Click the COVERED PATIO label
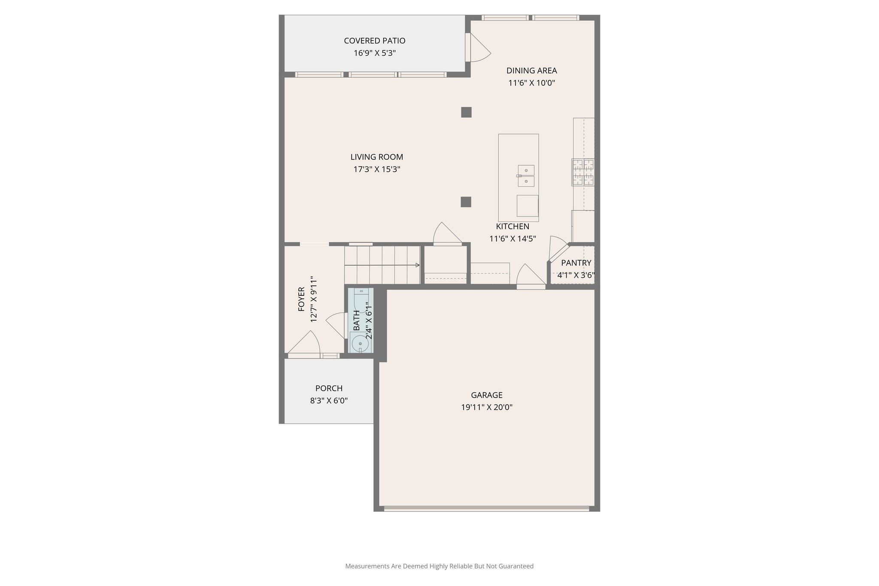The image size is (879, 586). click(374, 41)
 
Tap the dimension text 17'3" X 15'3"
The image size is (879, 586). click(376, 169)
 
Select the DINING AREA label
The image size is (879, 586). click(531, 70)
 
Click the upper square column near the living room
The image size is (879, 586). click(466, 112)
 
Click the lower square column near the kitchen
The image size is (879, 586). click(466, 202)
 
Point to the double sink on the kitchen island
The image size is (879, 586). click(526, 176)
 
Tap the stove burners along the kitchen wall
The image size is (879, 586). click(583, 172)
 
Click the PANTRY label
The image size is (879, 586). click(576, 263)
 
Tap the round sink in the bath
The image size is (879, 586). click(360, 343)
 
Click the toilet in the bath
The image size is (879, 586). click(361, 298)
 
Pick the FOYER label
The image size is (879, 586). click(301, 299)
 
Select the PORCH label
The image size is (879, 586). click(329, 388)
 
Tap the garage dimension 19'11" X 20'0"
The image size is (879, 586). click(486, 407)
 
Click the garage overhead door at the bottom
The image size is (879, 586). click(486, 509)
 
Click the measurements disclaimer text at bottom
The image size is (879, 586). click(439, 566)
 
